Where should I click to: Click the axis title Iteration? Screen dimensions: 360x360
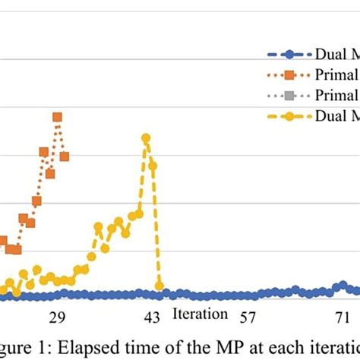click(200, 314)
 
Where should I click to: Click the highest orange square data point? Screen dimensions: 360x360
click(57, 117)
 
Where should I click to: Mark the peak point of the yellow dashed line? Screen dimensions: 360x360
click(146, 137)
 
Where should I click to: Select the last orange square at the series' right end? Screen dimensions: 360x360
click(65, 156)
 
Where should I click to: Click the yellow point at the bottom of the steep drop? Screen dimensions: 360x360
click(159, 286)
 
